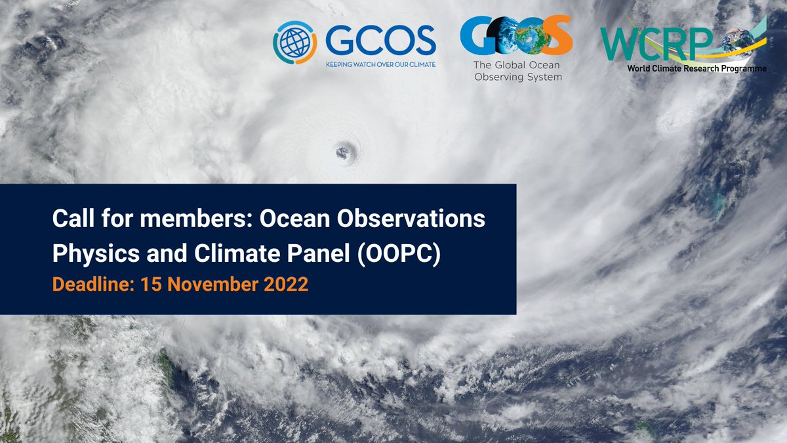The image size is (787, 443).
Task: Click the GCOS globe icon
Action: [294, 42]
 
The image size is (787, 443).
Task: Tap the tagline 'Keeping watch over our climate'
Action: [380, 65]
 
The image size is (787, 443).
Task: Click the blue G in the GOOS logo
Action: [477, 35]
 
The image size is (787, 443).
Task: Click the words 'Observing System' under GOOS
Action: [517, 77]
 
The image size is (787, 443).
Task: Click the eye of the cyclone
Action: [344, 153]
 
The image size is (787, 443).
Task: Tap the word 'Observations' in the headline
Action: [424, 221]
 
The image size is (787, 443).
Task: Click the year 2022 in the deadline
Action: [283, 286]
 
